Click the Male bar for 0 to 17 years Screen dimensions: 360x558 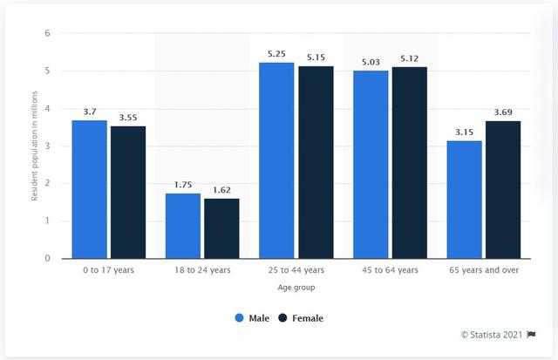89,189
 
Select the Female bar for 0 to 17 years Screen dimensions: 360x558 127,192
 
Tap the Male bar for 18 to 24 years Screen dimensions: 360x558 182,226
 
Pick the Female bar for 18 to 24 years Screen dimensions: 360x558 221,228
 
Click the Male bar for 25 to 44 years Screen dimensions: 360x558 276,160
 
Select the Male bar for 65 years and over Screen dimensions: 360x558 464,200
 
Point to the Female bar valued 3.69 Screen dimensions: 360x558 502,189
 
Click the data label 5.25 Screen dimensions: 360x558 276,54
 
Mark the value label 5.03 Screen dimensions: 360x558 370,62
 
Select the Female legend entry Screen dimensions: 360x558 299,318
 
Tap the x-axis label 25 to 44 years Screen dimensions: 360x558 296,270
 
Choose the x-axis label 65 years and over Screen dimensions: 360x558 483,270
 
